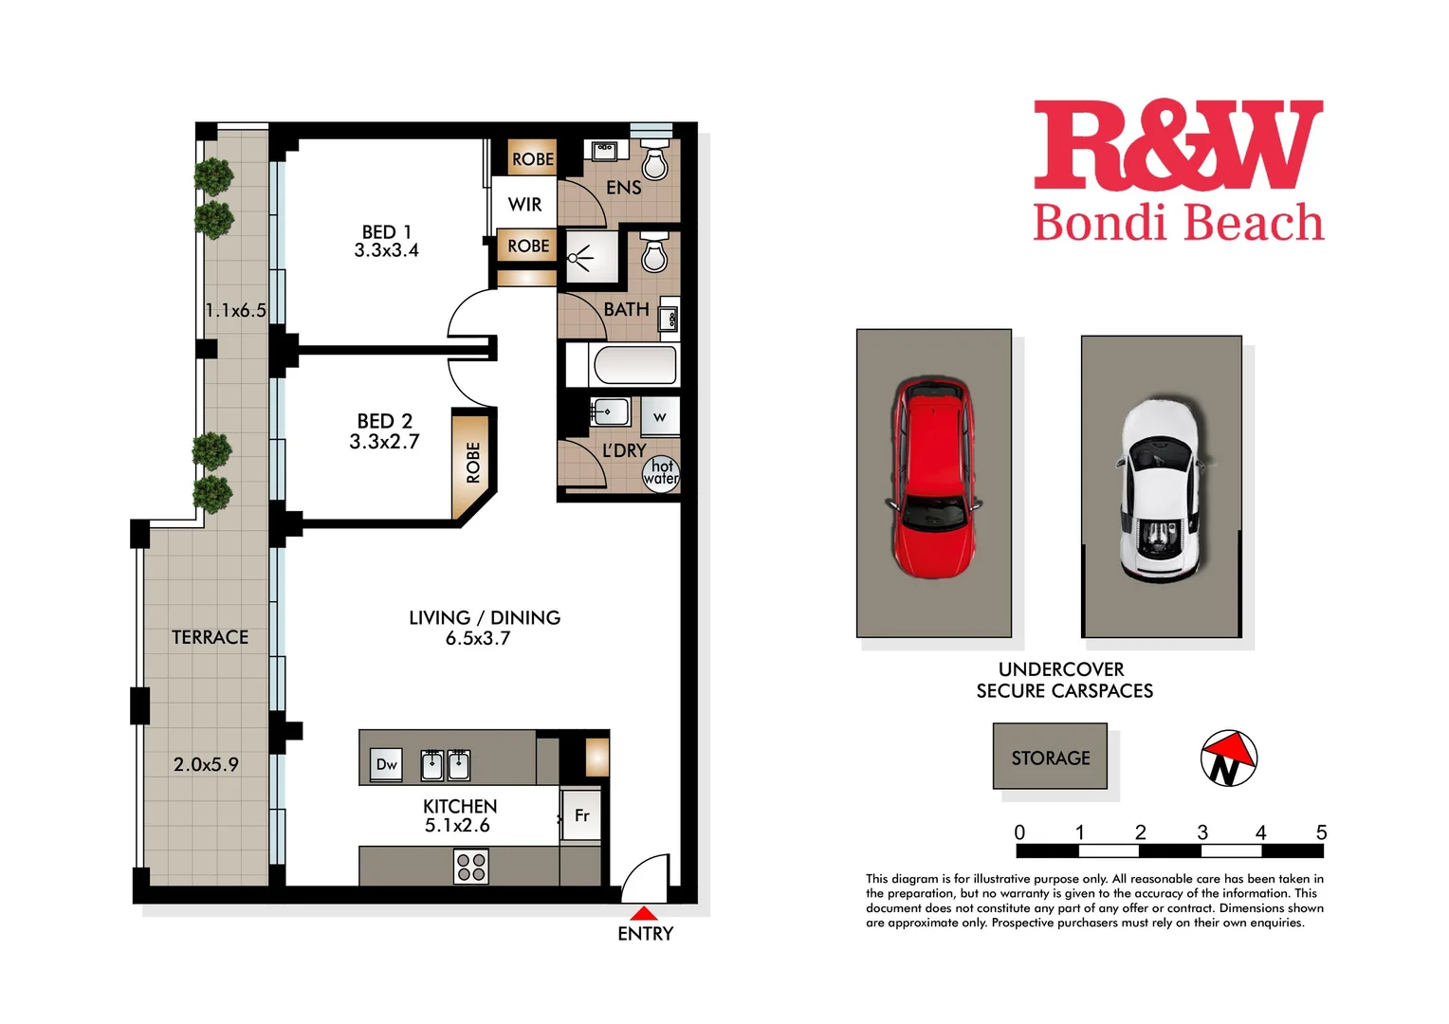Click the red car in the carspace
[x=933, y=479]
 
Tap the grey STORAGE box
[x=1050, y=757]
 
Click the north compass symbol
[x=1228, y=759]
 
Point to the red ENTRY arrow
[x=644, y=914]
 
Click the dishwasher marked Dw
[x=387, y=764]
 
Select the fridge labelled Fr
[x=582, y=815]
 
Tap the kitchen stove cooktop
[x=471, y=867]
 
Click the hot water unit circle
[x=661, y=472]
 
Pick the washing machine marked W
[x=660, y=416]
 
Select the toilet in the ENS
[x=655, y=162]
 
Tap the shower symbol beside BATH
[x=579, y=257]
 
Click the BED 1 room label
[x=387, y=232]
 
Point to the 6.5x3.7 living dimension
[x=478, y=639]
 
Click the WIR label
[x=524, y=205]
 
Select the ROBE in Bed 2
[x=472, y=463]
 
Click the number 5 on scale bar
[x=1321, y=832]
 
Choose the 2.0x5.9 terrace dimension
[x=206, y=764]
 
